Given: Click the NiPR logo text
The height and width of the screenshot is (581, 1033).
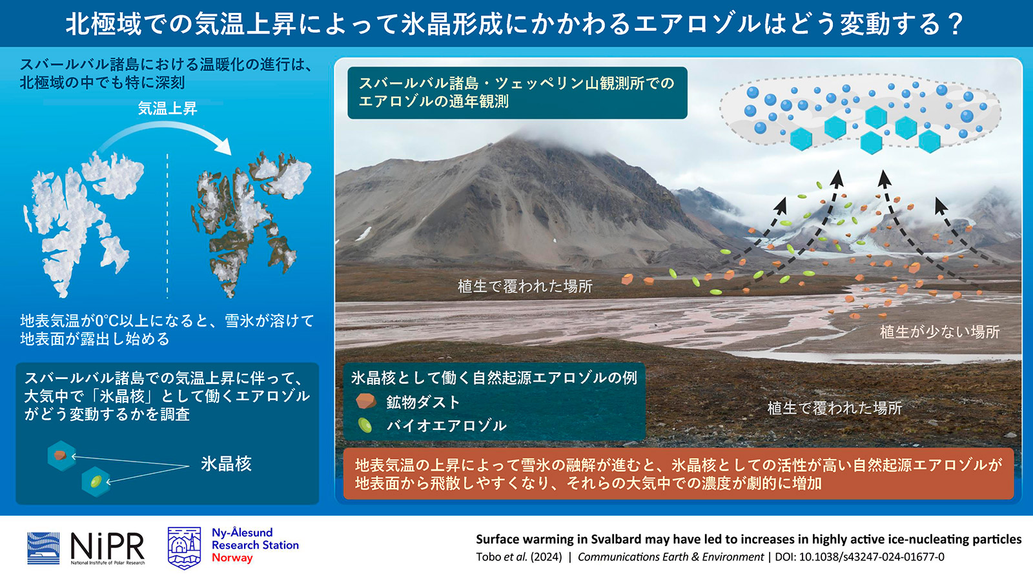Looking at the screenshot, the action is tap(107, 547).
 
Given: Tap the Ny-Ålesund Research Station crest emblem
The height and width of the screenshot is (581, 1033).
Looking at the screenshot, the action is tap(184, 547).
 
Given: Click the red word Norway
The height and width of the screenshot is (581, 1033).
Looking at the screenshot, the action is tap(232, 558).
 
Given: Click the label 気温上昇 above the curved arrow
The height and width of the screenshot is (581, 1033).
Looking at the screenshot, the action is tap(168, 108).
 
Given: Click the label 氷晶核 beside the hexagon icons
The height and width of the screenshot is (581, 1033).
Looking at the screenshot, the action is tap(226, 464).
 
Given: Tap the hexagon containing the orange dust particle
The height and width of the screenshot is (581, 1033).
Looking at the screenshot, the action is tap(61, 456).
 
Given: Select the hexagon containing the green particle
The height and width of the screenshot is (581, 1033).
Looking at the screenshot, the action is tap(96, 482).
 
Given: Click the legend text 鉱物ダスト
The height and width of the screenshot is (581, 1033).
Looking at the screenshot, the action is tap(424, 402).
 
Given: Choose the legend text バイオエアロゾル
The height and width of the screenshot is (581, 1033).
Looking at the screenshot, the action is tap(446, 425).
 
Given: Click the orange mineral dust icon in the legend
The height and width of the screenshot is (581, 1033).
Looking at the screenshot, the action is tap(366, 401).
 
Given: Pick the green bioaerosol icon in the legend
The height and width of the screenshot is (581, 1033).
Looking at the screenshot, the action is tap(365, 425).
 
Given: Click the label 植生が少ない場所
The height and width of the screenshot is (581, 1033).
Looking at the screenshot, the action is tap(940, 332).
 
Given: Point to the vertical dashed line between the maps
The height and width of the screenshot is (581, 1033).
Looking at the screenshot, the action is tap(167, 226).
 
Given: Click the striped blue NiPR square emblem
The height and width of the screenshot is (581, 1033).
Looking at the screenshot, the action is tap(43, 548).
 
